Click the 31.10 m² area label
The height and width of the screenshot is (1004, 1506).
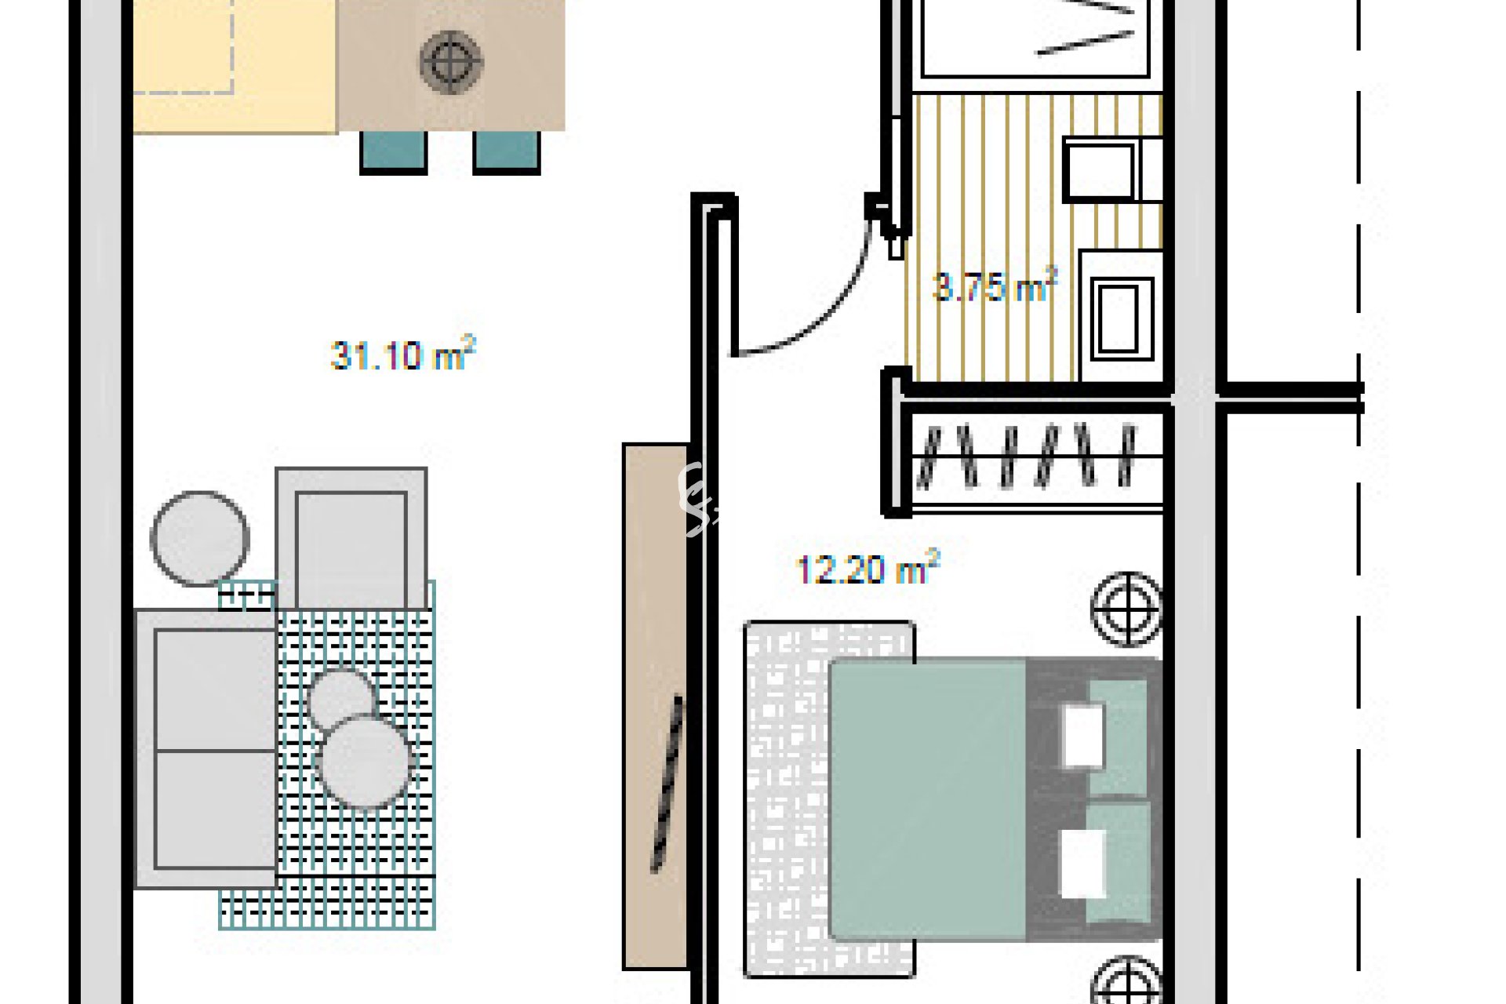tap(403, 355)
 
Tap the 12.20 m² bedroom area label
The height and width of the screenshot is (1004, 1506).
tap(868, 569)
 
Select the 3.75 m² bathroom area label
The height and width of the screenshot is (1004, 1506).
tap(995, 286)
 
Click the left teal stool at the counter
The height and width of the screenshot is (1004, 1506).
tap(394, 152)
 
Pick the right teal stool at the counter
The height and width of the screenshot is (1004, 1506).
tap(507, 152)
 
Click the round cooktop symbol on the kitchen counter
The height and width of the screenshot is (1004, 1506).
tap(451, 61)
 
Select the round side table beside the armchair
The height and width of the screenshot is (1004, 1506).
tap(200, 539)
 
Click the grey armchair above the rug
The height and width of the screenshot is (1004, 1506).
tap(351, 539)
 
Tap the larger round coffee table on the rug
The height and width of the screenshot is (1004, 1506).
tap(364, 761)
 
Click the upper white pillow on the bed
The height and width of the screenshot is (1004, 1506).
tap(1082, 736)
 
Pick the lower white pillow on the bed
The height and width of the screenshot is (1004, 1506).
tap(1082, 863)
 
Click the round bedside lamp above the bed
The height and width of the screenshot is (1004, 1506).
tap(1127, 609)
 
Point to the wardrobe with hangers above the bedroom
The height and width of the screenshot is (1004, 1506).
tap(1030, 457)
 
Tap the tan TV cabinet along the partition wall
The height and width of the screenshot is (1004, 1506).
tap(656, 706)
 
